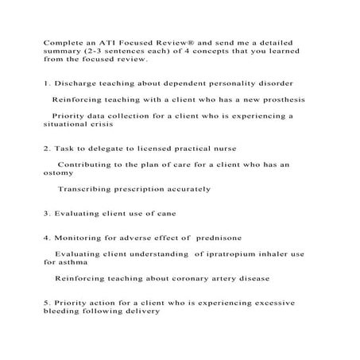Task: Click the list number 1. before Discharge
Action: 47,83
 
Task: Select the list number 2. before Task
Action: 47,149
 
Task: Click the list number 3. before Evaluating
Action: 47,214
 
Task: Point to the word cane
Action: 165,214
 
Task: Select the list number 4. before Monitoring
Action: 47,238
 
